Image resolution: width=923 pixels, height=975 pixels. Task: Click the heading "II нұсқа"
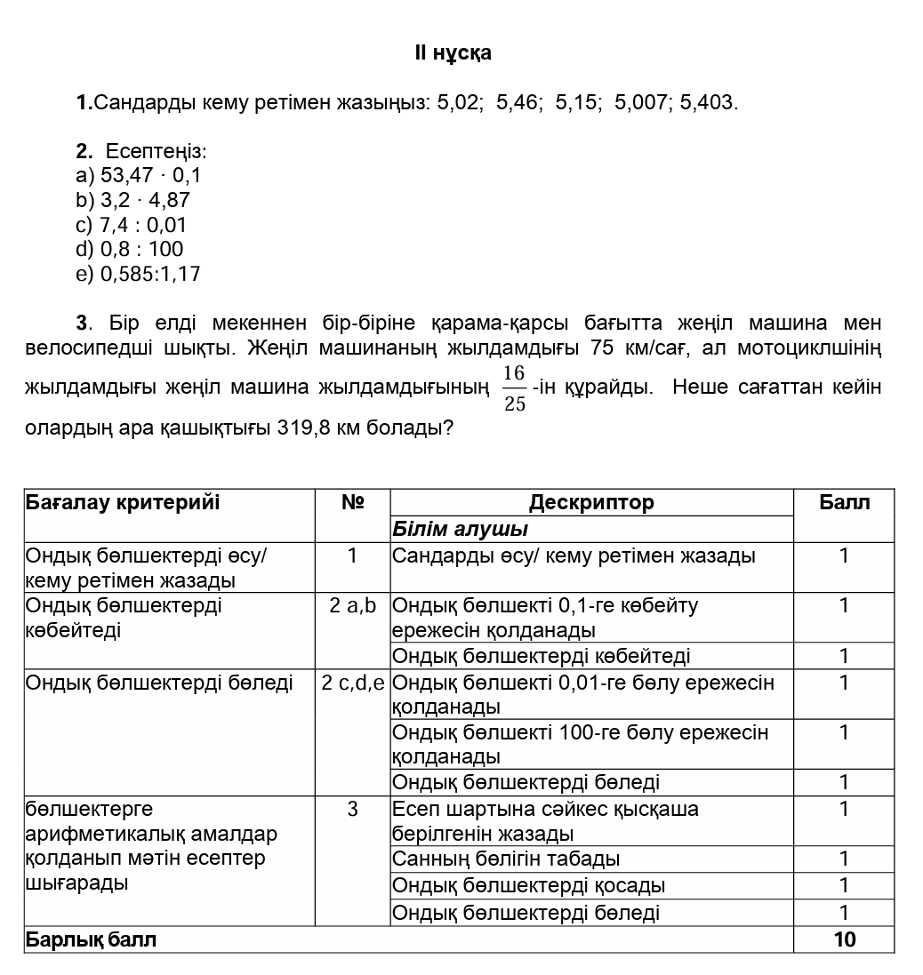tap(453, 53)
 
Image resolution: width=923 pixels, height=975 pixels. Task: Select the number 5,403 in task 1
tap(708, 103)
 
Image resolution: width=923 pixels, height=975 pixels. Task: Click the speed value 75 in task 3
tap(602, 348)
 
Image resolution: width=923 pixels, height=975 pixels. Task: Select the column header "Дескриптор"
tap(591, 503)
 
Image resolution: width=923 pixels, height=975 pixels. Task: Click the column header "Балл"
tap(844, 503)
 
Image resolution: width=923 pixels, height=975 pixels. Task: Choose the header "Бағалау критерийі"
tap(123, 503)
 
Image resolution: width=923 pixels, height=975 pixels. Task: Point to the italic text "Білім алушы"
tap(460, 530)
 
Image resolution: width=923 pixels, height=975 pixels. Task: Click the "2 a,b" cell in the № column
tap(352, 606)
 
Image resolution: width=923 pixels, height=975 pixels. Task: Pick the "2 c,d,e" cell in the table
tap(352, 683)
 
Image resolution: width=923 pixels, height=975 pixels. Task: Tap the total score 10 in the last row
tap(844, 939)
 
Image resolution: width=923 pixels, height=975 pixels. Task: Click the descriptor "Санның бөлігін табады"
tap(506, 859)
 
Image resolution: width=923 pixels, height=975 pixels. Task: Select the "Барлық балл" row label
tap(91, 939)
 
